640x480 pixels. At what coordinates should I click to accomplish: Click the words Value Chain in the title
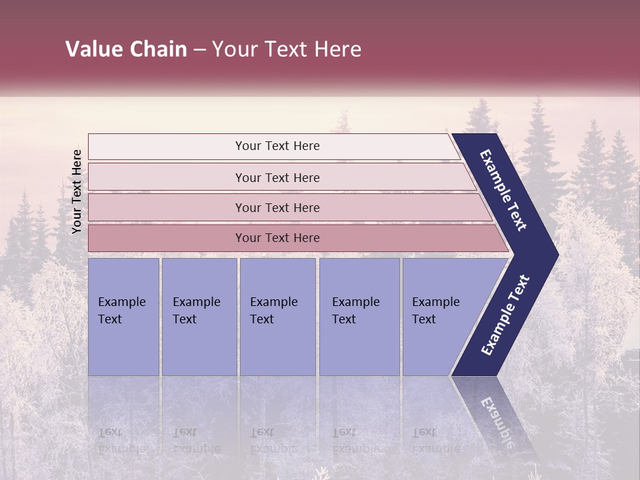[x=126, y=49]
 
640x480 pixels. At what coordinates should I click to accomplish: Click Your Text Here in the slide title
[x=287, y=49]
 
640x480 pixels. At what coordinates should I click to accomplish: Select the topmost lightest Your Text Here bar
[x=277, y=146]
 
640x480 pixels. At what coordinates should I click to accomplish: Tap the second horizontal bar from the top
[x=277, y=177]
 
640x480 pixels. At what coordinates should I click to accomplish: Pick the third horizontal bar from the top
[x=277, y=207]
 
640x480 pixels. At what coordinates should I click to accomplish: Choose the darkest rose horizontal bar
[x=277, y=238]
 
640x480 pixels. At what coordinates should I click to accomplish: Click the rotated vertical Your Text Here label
[x=77, y=191]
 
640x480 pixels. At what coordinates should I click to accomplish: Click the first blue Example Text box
[x=123, y=317]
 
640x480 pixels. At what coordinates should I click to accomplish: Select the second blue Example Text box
[x=199, y=317]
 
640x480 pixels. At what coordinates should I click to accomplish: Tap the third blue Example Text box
[x=277, y=317]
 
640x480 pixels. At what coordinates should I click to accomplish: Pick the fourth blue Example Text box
[x=359, y=317]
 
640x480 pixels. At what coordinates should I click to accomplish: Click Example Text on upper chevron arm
[x=503, y=190]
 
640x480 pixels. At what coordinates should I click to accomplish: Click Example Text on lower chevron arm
[x=505, y=315]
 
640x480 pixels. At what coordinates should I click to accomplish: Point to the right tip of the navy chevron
[x=557, y=255]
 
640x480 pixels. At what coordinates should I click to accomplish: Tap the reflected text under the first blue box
[x=122, y=440]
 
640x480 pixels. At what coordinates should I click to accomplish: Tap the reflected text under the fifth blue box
[x=435, y=440]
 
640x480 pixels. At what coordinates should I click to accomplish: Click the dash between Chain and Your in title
[x=199, y=50]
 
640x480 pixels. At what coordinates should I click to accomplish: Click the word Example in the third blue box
[x=273, y=302]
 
